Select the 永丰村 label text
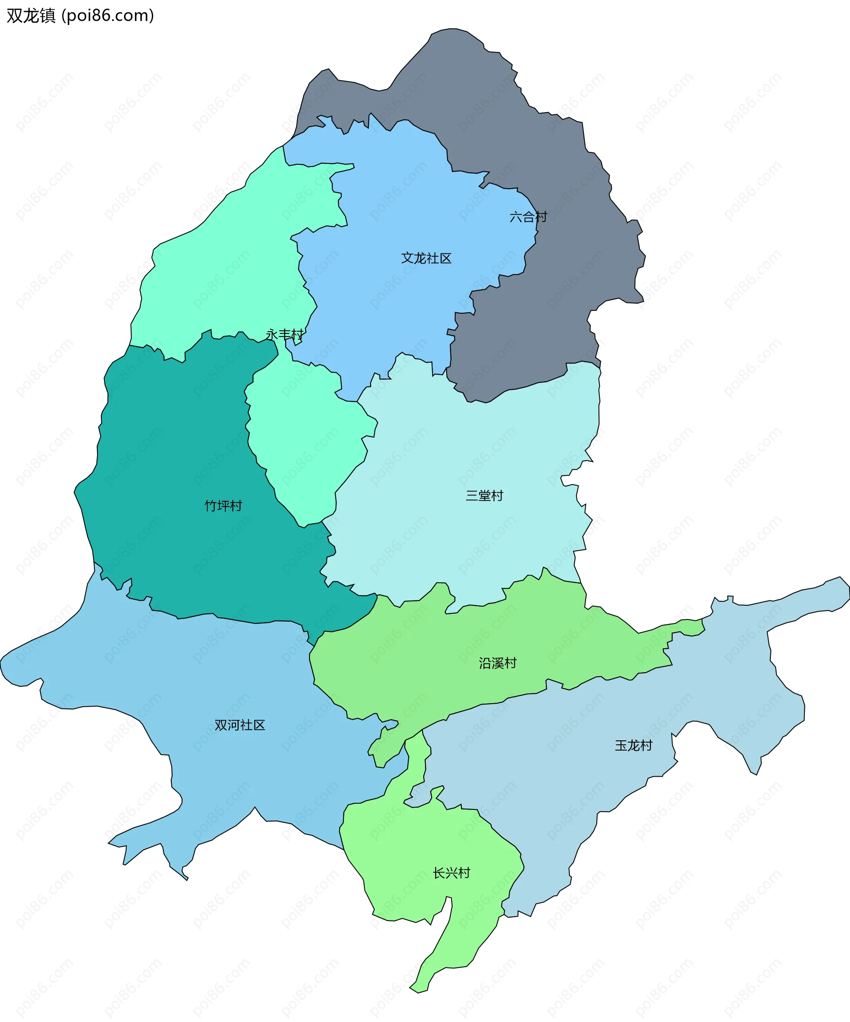tap(284, 335)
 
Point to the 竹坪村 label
tap(223, 506)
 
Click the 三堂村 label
tap(484, 496)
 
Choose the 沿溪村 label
tap(497, 663)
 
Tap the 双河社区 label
tap(240, 725)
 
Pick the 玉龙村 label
tap(633, 746)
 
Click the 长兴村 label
tap(452, 873)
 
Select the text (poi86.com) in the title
tap(108, 15)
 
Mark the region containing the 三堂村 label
tap(462, 535)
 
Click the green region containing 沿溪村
tap(438, 652)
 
